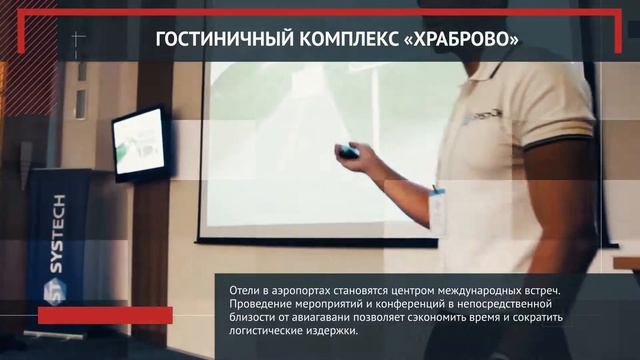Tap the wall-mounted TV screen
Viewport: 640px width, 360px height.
tap(139, 141)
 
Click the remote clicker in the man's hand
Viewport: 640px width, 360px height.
tap(348, 152)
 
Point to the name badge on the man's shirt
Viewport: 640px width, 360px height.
tap(437, 210)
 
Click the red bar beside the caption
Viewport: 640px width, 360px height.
tap(105, 315)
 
